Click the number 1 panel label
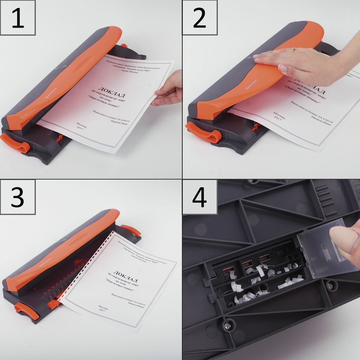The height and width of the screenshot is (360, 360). click(18, 18)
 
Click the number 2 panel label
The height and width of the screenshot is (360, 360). click(199, 18)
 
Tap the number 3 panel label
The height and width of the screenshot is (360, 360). click(18, 198)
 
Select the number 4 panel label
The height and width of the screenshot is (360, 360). click(199, 198)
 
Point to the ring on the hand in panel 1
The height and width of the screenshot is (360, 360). click(175, 94)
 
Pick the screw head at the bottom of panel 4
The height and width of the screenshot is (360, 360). click(228, 327)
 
